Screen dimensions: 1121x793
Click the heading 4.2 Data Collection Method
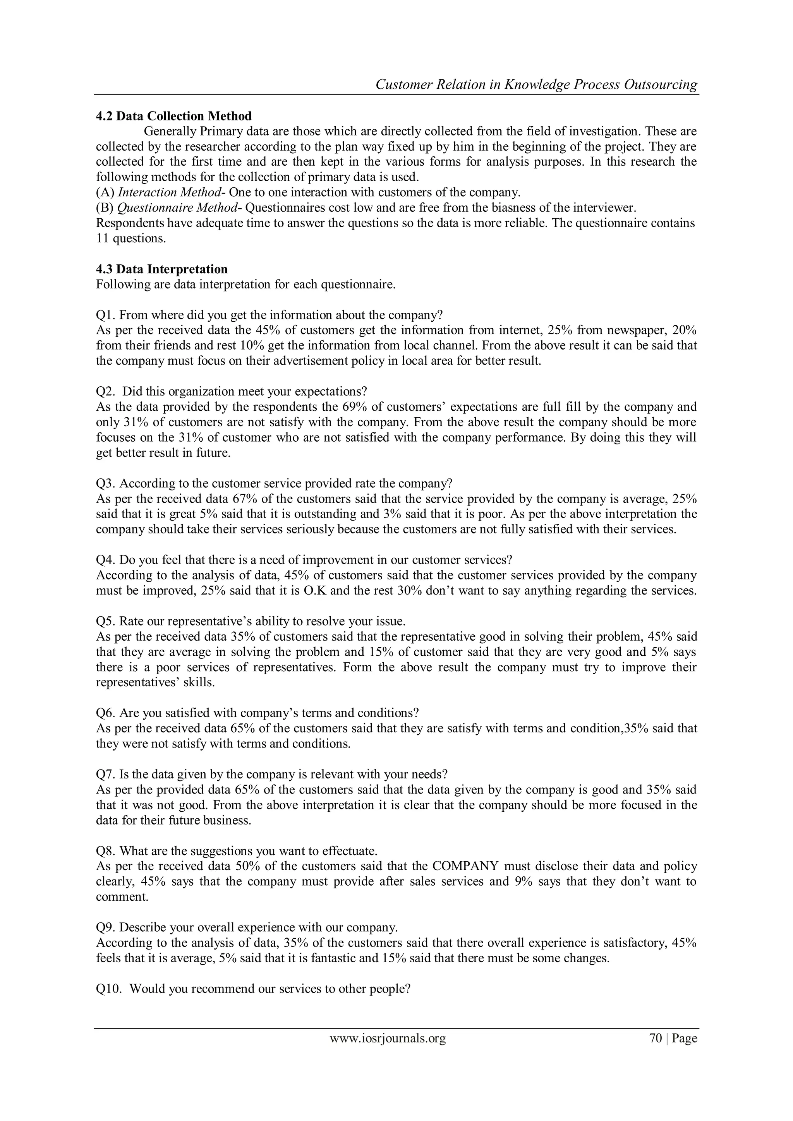[x=174, y=116]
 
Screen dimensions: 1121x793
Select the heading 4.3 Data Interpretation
[x=161, y=269]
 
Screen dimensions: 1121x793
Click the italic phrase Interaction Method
[x=169, y=192]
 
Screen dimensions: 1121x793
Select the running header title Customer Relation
[x=434, y=85]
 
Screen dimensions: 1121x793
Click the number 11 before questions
[x=102, y=238]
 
